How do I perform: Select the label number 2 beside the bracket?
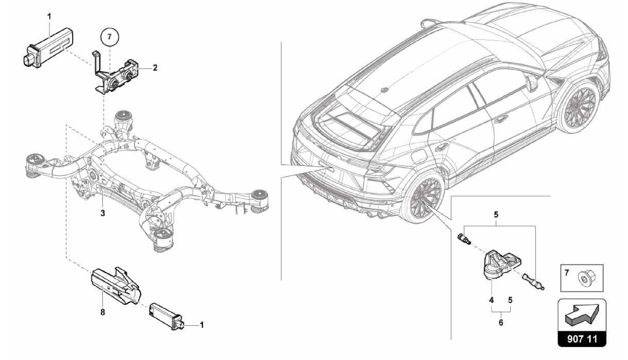(155, 68)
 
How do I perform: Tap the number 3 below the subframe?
(103, 213)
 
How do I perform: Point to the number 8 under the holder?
(103, 312)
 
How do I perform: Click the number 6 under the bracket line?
(501, 323)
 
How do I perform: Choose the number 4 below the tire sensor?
(492, 300)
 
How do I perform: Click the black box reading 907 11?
(582, 339)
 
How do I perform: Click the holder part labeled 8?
(117, 285)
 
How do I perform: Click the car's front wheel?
(579, 109)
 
